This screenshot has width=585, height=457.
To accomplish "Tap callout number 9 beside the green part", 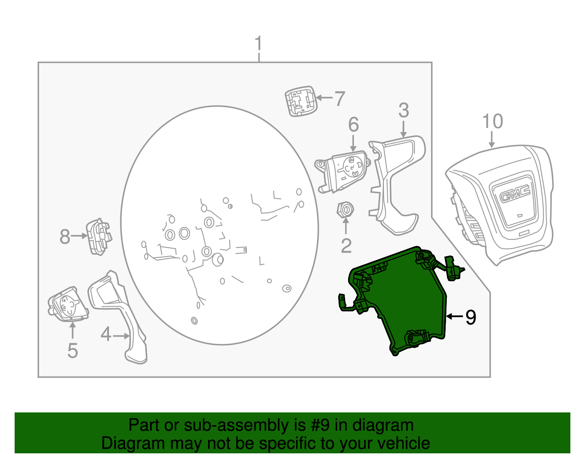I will click(x=471, y=317).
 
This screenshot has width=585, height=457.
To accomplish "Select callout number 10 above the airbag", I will click(x=492, y=121).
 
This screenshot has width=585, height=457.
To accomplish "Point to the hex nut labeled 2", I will click(x=345, y=210).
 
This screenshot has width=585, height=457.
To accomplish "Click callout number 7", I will click(x=340, y=99).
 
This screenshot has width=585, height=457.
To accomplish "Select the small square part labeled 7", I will click(x=301, y=101).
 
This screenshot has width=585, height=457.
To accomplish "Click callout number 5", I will click(x=72, y=351).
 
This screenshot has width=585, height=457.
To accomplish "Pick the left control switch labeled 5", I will click(x=68, y=304).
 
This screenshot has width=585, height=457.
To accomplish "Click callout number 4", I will click(x=106, y=334).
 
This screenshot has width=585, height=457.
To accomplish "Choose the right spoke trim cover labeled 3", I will click(x=397, y=183).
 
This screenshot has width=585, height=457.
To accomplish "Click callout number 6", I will click(x=353, y=125).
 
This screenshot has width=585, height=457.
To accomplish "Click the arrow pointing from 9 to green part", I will click(x=455, y=316).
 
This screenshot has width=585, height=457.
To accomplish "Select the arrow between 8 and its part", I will click(x=79, y=236).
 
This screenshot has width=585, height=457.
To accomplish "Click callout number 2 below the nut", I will click(x=346, y=246).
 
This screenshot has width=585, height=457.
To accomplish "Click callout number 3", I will click(x=403, y=110).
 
